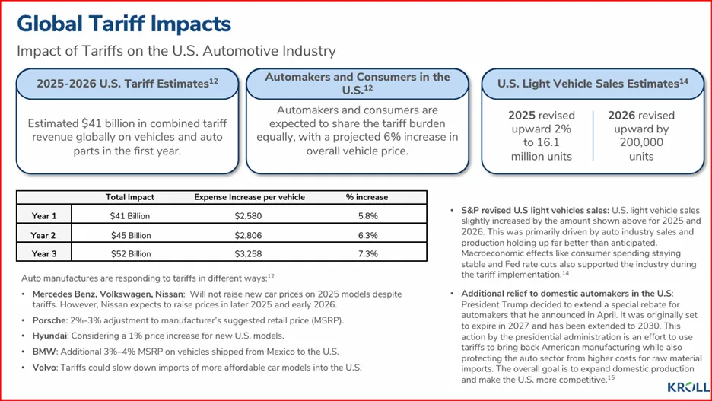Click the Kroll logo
[688, 387]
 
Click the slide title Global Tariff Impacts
[124, 24]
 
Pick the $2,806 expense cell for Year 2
[249, 235]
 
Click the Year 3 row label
[43, 254]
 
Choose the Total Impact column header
[130, 197]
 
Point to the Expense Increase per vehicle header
[250, 197]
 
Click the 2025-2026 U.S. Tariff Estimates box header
[127, 84]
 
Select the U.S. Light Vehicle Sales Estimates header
[593, 84]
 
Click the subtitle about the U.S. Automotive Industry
[176, 52]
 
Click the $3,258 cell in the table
[249, 254]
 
